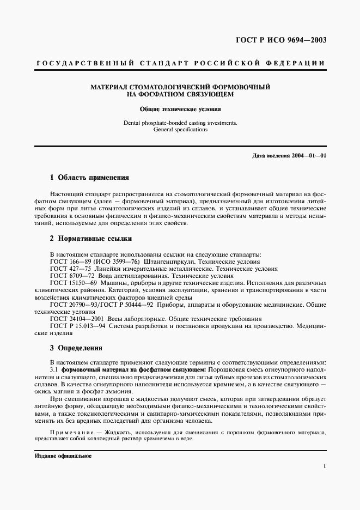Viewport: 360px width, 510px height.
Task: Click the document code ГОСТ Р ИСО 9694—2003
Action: [x=288, y=40]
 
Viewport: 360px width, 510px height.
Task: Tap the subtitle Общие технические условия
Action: [x=180, y=109]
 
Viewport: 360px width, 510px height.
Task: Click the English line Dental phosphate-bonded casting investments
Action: [x=180, y=123]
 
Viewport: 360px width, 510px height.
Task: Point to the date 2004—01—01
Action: [x=309, y=156]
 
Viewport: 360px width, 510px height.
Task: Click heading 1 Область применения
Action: [x=89, y=178]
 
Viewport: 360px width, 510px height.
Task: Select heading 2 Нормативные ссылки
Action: [x=90, y=239]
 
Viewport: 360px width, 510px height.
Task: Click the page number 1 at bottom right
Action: [x=324, y=466]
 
